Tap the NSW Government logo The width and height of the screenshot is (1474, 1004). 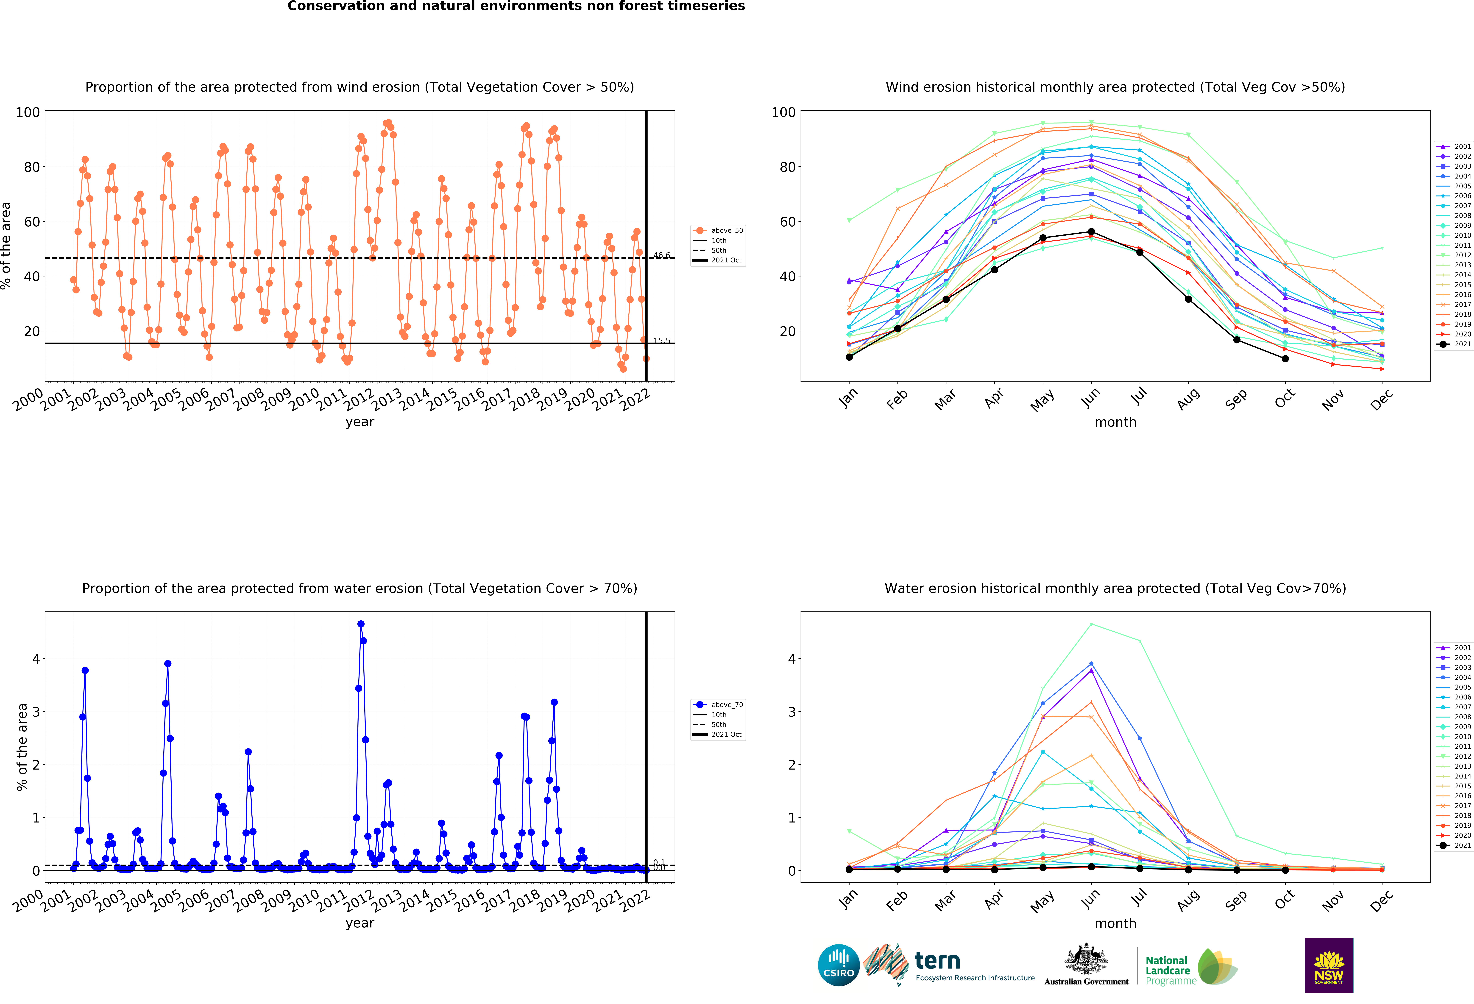(1329, 965)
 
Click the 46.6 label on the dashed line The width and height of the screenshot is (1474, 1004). (662, 255)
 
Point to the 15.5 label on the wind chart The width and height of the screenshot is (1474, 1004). (662, 340)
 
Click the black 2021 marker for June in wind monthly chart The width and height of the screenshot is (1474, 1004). (1091, 232)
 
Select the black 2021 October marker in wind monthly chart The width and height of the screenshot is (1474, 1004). (1285, 359)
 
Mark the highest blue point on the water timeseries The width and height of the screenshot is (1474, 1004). (361, 624)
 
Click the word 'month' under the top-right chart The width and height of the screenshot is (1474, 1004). (1115, 422)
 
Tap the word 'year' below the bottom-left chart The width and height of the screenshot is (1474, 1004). (360, 924)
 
